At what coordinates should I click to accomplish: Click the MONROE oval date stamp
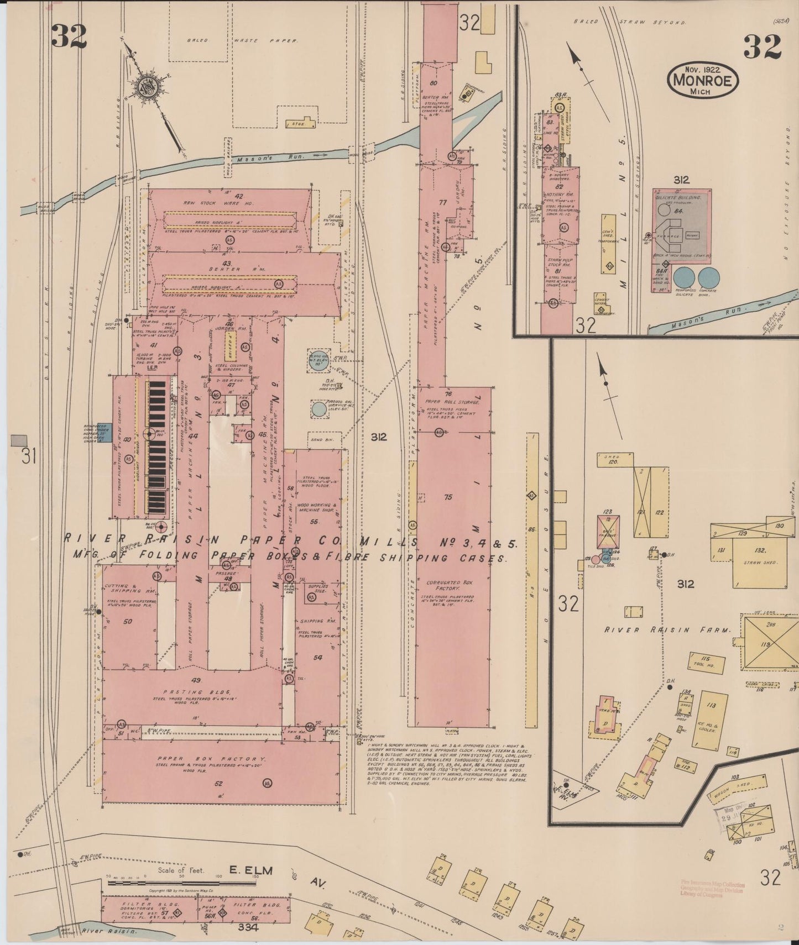(x=703, y=80)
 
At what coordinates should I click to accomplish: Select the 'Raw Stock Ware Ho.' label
(x=229, y=204)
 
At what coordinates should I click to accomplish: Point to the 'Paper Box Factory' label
(x=212, y=759)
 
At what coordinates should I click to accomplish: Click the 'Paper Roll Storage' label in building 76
(x=452, y=402)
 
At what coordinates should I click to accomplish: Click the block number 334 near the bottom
(x=249, y=928)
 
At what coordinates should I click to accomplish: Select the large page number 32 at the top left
(x=69, y=36)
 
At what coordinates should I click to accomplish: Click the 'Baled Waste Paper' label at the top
(x=242, y=40)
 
